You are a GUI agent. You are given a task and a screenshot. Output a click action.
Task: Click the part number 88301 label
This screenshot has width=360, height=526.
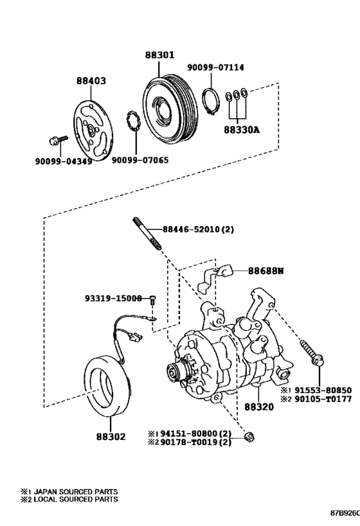160,55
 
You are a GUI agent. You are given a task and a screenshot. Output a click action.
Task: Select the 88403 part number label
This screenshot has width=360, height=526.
91,80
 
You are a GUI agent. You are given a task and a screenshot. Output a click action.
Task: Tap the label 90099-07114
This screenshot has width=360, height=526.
215,67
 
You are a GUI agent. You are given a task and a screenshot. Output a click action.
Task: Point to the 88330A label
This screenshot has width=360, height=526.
242,130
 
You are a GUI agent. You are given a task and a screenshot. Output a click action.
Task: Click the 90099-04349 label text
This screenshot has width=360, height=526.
64,161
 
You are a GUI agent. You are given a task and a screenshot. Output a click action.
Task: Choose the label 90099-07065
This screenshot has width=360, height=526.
140,161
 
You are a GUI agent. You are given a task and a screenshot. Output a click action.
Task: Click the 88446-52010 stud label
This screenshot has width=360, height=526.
192,229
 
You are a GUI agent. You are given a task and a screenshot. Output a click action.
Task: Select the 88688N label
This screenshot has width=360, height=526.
266,270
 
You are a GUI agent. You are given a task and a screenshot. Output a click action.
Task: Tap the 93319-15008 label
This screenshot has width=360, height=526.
113,298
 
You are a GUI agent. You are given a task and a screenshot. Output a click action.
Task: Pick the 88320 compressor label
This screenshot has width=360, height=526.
259,407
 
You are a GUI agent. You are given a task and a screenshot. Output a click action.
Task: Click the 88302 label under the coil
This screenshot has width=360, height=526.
111,437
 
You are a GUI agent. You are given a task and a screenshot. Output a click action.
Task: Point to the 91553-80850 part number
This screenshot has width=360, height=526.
323,390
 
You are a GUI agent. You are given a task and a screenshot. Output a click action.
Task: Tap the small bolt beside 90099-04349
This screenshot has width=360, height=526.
58,140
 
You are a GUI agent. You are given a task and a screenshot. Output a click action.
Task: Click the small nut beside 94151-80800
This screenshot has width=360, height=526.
249,437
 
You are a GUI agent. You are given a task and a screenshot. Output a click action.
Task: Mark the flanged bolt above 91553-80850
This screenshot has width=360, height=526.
312,354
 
